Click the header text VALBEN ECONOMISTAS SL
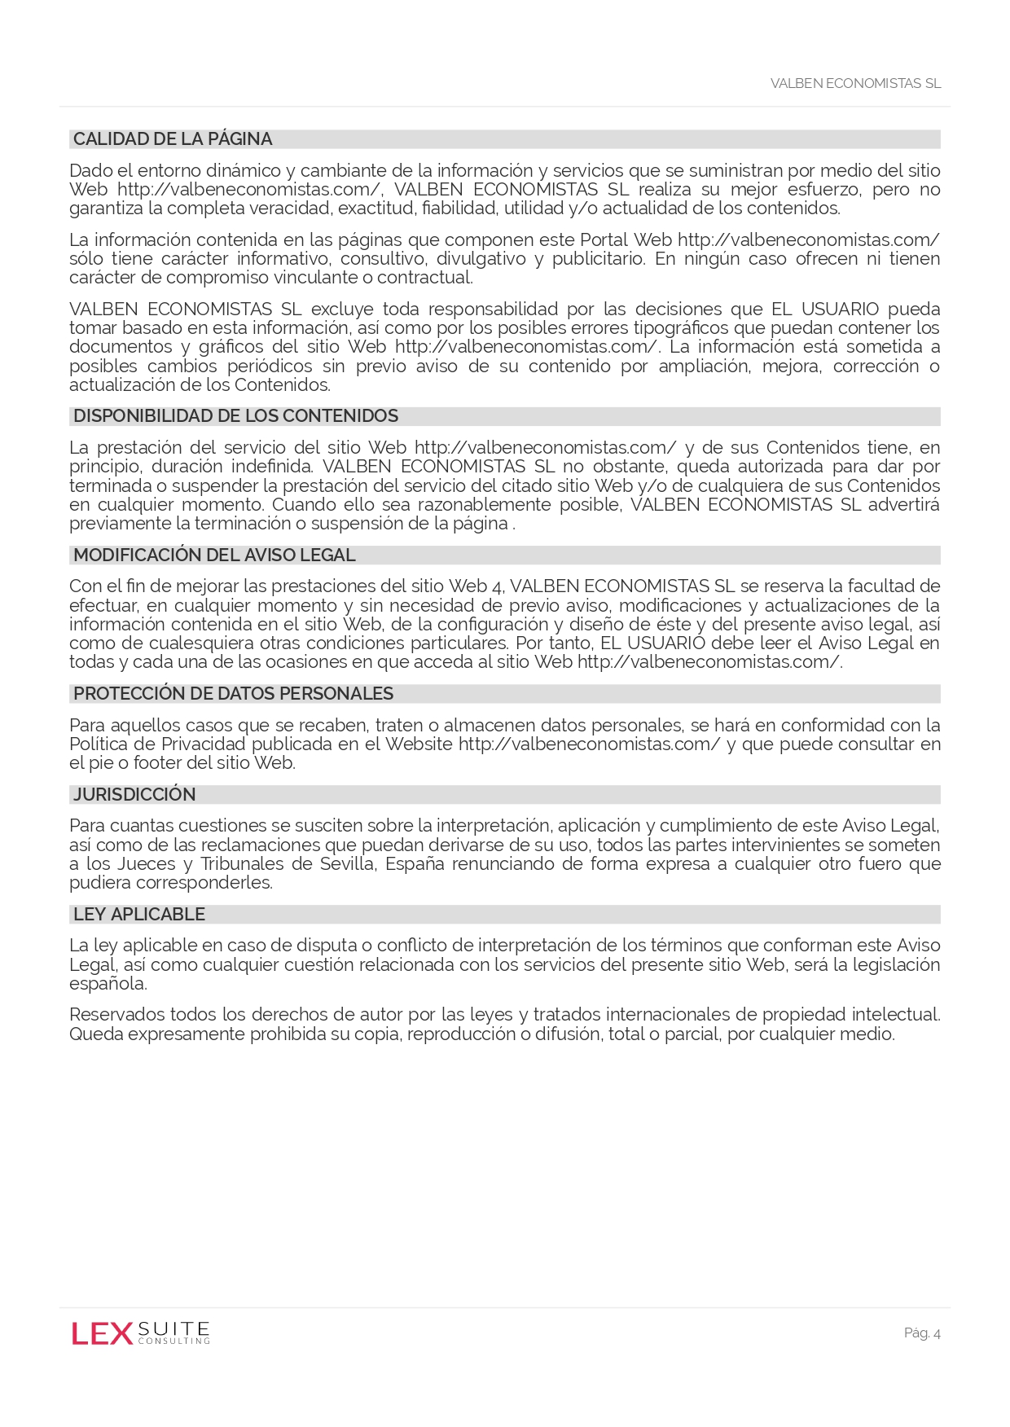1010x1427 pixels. pos(855,84)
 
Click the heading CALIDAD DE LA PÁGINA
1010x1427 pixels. pos(173,139)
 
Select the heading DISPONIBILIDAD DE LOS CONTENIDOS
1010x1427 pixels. pos(235,416)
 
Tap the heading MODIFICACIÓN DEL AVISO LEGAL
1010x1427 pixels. pos(214,555)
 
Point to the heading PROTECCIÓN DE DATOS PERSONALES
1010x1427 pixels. pos(233,694)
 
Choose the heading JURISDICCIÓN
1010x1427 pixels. pos(134,795)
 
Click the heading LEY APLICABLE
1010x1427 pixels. pos(139,915)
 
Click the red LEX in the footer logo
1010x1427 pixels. pos(102,1334)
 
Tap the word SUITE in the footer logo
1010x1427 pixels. pos(174,1328)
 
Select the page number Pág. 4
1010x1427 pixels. pos(922,1333)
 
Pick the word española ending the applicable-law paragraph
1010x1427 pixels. pos(108,984)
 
